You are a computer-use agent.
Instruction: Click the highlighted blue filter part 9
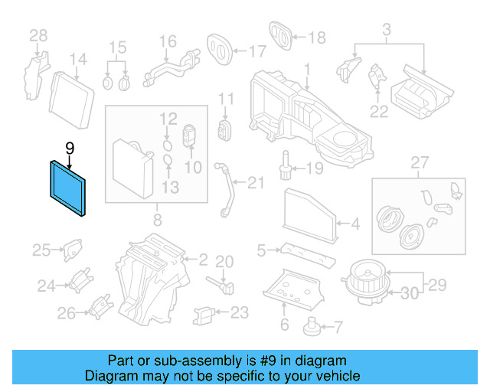[x=70, y=186]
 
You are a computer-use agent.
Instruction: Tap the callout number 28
[x=38, y=35]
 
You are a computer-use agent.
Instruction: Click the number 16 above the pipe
[x=168, y=41]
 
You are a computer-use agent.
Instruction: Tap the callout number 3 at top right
[x=387, y=31]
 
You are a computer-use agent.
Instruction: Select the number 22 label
[x=379, y=112]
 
